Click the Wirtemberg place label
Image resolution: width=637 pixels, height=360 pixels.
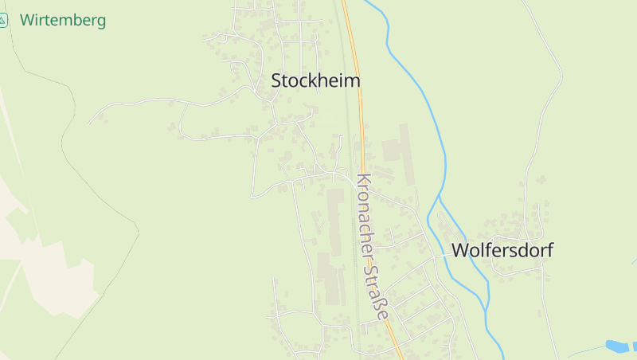(63, 21)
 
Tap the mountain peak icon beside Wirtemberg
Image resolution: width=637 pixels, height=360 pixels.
(3, 21)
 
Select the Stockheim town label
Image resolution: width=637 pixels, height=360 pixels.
(315, 80)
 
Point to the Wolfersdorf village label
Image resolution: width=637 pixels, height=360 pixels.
(502, 250)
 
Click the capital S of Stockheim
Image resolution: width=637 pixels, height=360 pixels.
(277, 80)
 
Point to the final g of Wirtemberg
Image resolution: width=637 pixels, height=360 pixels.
(100, 22)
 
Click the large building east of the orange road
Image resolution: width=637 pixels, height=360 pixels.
(393, 150)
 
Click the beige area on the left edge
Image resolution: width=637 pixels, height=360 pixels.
(24, 239)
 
